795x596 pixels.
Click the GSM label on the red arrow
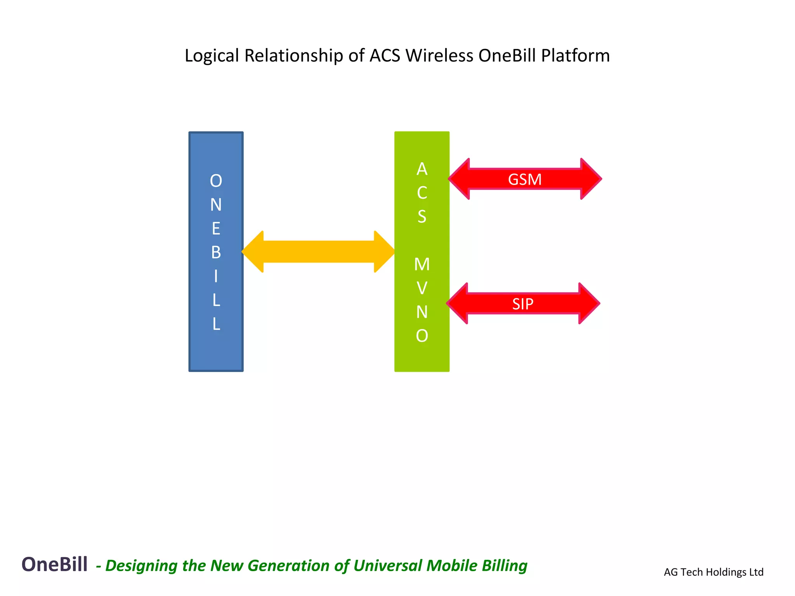point(524,180)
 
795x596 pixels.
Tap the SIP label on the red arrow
point(522,304)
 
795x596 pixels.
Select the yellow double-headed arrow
point(318,252)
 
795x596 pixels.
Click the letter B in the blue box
point(216,253)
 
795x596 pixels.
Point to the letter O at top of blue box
point(216,181)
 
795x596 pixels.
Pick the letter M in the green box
point(422,265)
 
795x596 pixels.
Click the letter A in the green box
point(422,169)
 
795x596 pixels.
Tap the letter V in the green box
point(422,288)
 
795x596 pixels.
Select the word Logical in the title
point(212,56)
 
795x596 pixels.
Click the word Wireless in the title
point(439,55)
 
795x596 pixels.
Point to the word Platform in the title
point(575,55)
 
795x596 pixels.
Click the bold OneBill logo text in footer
point(54,564)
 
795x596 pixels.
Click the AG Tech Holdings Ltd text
point(713,572)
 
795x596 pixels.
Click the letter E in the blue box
point(216,229)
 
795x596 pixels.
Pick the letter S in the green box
point(422,217)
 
